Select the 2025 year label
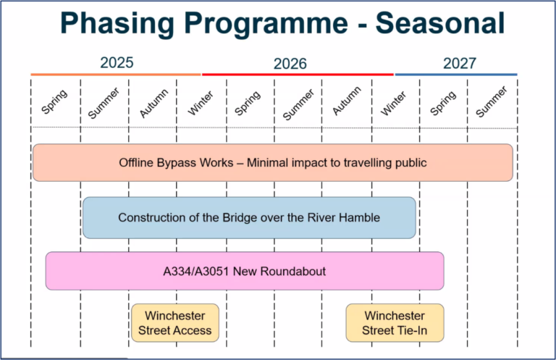tap(117, 62)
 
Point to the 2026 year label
tap(290, 64)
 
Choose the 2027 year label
tap(460, 63)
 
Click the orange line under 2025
tap(116, 74)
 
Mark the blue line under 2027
tap(456, 74)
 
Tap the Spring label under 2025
tap(54, 101)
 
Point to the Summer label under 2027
tap(492, 102)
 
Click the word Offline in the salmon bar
tap(138, 162)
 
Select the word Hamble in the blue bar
tap(359, 217)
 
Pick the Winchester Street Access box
tap(175, 323)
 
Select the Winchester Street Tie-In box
tap(395, 323)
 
